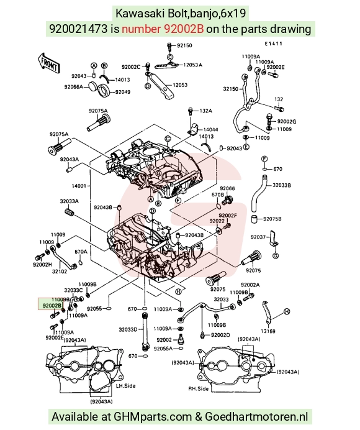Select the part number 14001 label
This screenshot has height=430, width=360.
[79, 186]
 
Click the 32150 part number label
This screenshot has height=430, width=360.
[231, 89]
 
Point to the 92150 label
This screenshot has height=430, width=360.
[184, 45]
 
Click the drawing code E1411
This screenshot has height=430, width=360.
[273, 43]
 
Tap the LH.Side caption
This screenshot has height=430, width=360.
[125, 386]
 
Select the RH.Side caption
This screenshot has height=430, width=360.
[199, 388]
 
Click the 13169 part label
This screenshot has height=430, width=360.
[268, 331]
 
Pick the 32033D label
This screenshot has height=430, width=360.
[128, 329]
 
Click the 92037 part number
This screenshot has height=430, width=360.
[258, 237]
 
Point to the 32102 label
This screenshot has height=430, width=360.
[60, 272]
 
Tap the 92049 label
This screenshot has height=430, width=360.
[122, 92]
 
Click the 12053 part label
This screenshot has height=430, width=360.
[180, 85]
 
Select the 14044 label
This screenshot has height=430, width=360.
[210, 129]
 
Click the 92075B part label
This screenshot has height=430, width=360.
[272, 219]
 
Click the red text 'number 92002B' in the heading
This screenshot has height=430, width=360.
[163, 29]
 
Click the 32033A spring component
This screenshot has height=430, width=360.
[70, 212]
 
